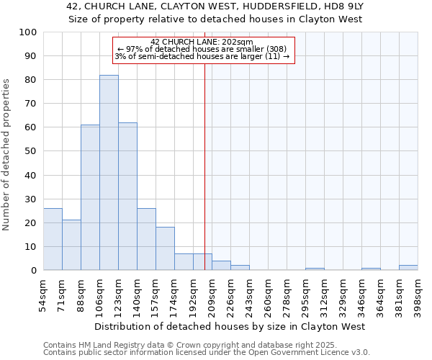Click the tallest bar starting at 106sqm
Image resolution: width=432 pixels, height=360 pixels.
[x=109, y=173]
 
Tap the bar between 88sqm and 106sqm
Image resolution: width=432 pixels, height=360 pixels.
[x=90, y=197]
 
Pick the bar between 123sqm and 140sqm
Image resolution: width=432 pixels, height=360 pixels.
[x=127, y=197]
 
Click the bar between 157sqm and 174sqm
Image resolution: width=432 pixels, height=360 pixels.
[x=165, y=249]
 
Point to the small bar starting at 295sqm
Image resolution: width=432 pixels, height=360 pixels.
[x=315, y=269]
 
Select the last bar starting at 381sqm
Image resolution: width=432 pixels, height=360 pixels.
[x=408, y=268]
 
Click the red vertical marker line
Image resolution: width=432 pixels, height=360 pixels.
[x=204, y=180]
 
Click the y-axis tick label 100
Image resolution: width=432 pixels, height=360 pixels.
[x=28, y=32]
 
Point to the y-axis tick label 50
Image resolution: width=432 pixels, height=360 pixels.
[x=30, y=151]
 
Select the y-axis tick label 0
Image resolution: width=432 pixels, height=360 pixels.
[x=33, y=271]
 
